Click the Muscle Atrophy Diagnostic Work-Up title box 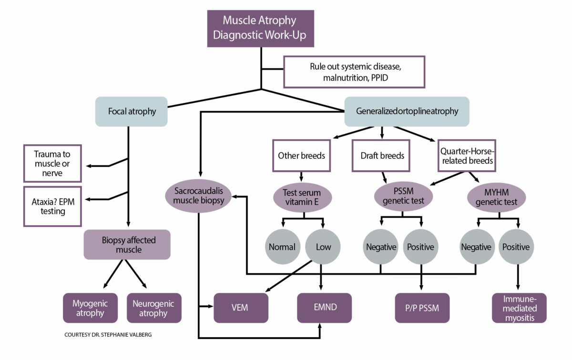point(260,28)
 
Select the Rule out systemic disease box point(354,72)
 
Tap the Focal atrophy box point(131,112)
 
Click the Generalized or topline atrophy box point(407,112)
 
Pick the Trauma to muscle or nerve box point(52,164)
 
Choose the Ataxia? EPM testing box point(52,206)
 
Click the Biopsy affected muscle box point(127,245)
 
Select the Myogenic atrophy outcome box point(90,308)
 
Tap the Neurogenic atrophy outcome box point(154,308)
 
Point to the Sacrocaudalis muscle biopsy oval point(198,196)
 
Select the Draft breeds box point(381,155)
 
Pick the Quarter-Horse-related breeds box point(466,155)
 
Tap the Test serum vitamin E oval point(302,197)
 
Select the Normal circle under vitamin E point(282,247)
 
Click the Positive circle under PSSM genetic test point(420,247)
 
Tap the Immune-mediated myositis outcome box point(519,308)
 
